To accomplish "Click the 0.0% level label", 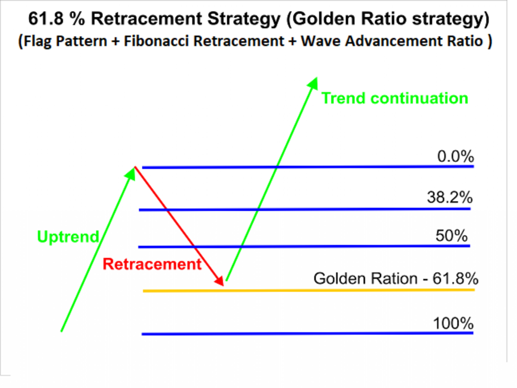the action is (x=455, y=156).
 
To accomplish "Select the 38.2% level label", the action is (x=450, y=198).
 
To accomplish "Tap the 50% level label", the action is (x=451, y=235).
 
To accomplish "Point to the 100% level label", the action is (x=453, y=323).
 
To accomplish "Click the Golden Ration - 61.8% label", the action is (x=396, y=278).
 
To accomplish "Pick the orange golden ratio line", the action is (x=308, y=290).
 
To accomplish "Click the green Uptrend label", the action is (x=68, y=236).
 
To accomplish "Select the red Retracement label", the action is (x=152, y=264).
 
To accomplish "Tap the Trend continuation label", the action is (x=395, y=99).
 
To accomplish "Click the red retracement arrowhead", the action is (x=219, y=280).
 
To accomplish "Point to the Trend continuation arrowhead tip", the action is (x=317, y=77).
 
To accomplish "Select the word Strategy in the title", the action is (x=244, y=19).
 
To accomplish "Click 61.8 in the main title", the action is (x=45, y=19).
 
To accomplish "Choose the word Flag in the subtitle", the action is (x=37, y=41).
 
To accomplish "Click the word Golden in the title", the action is (x=324, y=19).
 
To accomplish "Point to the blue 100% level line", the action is (x=307, y=333).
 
